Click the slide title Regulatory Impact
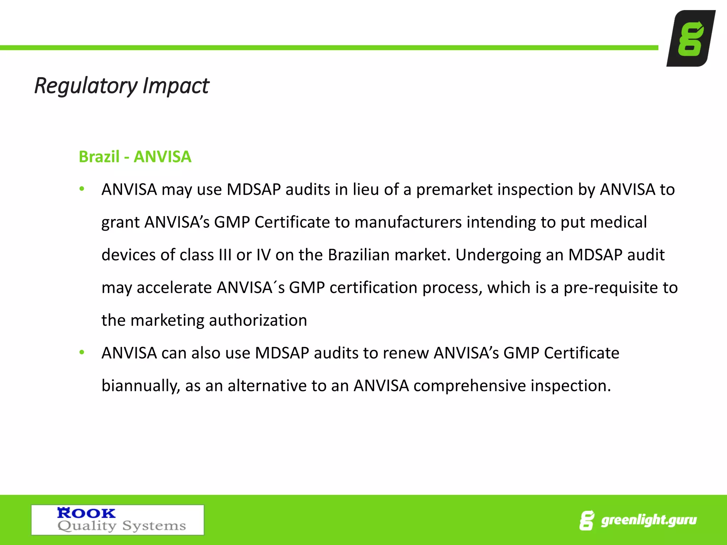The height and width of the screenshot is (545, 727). click(121, 86)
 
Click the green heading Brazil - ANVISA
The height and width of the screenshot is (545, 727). click(135, 157)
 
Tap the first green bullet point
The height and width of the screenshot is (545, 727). click(82, 189)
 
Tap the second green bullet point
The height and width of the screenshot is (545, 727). click(82, 352)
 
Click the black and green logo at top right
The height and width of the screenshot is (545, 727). click(690, 38)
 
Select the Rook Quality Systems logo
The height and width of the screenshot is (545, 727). click(117, 520)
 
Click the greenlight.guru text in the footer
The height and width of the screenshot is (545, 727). click(649, 520)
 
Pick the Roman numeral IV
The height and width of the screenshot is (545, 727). click(263, 255)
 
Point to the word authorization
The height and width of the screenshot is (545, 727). click(258, 320)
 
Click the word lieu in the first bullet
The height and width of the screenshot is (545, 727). click(366, 189)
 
